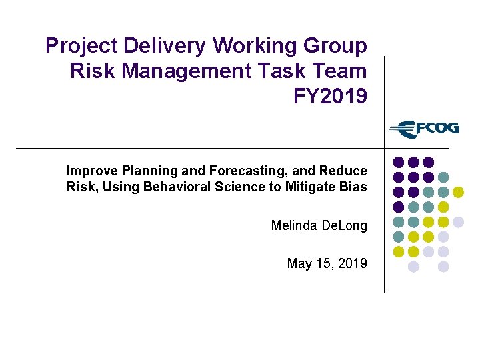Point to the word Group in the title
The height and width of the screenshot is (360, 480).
pos(337,47)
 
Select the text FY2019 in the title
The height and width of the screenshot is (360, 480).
pos(330,96)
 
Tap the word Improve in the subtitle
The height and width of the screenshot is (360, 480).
pos(87,171)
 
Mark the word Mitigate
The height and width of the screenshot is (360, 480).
pos(310,187)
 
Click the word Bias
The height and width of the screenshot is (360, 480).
pos(353,187)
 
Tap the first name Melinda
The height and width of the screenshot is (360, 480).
pos(293,226)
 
